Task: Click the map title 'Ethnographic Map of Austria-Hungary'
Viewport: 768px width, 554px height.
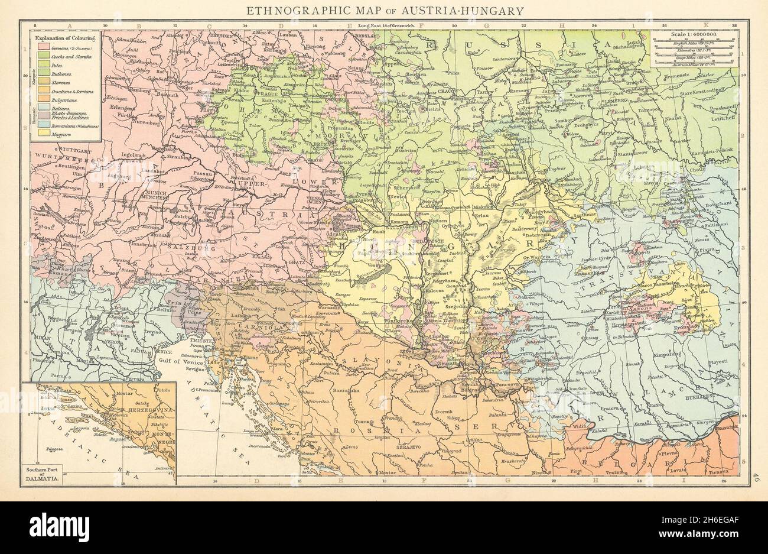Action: click(383, 10)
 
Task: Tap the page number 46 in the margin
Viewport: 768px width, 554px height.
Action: click(756, 475)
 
